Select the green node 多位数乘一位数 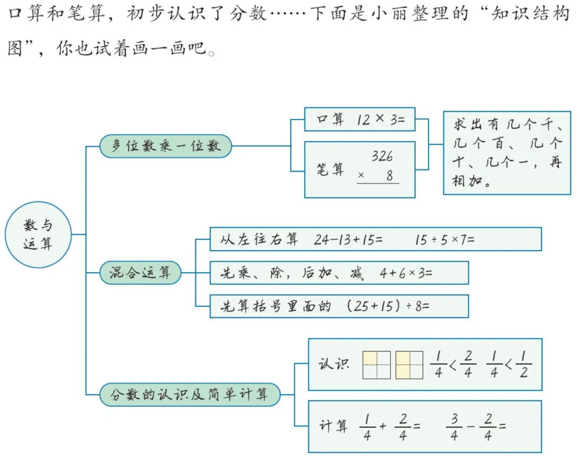(x=165, y=146)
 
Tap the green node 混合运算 (x=140, y=273)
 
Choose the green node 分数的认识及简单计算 (x=190, y=395)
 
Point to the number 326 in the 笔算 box (x=382, y=156)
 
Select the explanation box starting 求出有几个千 (x=507, y=152)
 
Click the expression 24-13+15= (x=349, y=239)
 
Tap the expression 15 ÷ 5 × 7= (x=445, y=239)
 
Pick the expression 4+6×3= (x=405, y=273)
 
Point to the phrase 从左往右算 (x=259, y=239)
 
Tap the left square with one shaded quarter (x=376, y=365)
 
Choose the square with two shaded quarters (x=410, y=365)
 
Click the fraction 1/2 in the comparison (x=523, y=365)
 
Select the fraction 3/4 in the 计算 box (x=454, y=427)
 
